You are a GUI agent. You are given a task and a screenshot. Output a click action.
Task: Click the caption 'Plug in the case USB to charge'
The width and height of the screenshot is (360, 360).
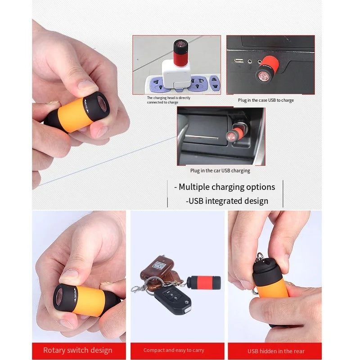pos(265,100)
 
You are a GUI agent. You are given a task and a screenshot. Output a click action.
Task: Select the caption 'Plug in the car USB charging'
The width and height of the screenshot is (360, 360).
pos(220,171)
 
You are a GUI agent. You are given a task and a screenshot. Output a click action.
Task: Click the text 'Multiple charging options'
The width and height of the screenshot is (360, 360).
pos(227,187)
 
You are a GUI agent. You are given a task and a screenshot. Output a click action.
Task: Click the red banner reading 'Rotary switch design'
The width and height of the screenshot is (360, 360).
pos(78,351)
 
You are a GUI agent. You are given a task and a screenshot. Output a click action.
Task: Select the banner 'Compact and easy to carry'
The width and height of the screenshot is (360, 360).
pos(173,351)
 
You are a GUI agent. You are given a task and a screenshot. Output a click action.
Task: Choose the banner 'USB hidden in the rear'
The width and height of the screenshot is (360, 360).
pos(276,351)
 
